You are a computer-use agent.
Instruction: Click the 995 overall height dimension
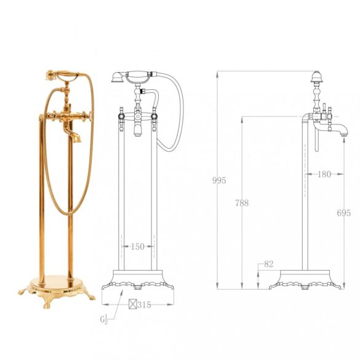(x=219, y=180)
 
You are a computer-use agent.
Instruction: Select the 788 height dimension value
(x=242, y=203)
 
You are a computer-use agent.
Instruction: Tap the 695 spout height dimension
(x=344, y=213)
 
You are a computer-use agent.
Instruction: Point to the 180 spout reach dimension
(x=324, y=174)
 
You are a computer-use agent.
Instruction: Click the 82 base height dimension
(x=269, y=264)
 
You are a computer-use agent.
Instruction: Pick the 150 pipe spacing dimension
(x=137, y=247)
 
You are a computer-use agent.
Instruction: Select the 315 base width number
(x=144, y=305)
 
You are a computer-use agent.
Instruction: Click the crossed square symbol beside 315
(x=133, y=304)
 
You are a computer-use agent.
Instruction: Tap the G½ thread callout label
(x=104, y=319)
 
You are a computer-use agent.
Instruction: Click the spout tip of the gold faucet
(x=78, y=139)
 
